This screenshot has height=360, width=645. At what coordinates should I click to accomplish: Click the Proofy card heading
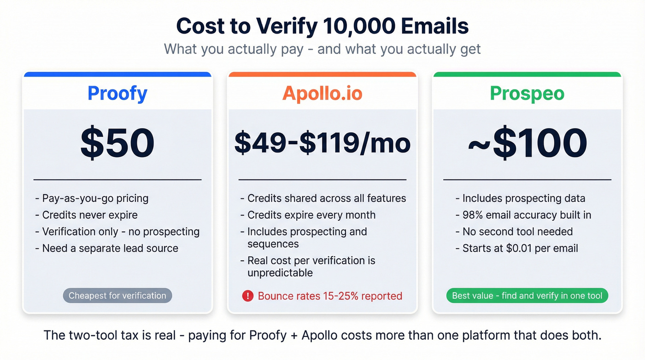click(x=117, y=93)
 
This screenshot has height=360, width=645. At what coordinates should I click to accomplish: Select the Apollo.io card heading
click(x=322, y=93)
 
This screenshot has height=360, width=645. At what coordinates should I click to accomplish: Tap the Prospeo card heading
click(x=527, y=93)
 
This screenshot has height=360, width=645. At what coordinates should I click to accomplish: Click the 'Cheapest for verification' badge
click(x=117, y=296)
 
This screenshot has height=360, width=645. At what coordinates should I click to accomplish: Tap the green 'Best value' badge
click(x=527, y=296)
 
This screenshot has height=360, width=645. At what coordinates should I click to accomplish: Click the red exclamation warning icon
click(x=247, y=296)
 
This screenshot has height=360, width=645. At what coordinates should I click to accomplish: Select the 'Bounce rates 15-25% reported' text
click(x=330, y=296)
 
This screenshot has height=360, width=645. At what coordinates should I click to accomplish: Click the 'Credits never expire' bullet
click(x=89, y=215)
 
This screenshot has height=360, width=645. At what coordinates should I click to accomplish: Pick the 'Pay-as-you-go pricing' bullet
click(x=95, y=199)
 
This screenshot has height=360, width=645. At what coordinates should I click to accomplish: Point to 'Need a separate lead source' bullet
click(x=110, y=248)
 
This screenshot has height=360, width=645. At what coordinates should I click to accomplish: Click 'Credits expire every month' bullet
click(x=311, y=215)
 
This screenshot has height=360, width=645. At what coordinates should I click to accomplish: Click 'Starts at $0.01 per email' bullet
click(x=520, y=248)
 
